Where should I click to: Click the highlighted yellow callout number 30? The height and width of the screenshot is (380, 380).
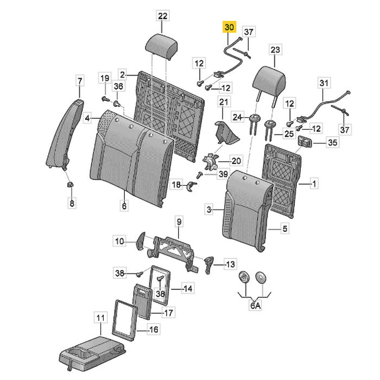pos(229,27)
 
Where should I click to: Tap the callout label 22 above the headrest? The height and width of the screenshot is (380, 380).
pos(162,16)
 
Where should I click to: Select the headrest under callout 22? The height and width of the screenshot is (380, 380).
pos(161,46)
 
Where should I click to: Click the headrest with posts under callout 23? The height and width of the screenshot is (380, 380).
pos(268,85)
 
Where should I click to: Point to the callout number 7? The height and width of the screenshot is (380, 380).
pos(80,81)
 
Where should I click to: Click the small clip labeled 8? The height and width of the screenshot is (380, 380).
pos(70,185)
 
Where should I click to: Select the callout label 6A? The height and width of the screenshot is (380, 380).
pos(255,306)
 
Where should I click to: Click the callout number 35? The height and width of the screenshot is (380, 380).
pos(332,142)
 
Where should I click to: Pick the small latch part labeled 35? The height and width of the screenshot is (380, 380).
pos(305,141)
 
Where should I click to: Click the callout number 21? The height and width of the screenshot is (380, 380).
pos(224,102)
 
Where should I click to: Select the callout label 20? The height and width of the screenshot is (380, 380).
pos(236,161)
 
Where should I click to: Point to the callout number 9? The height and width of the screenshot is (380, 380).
pos(179,221)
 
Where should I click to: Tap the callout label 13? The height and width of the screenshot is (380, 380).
pos(230,264)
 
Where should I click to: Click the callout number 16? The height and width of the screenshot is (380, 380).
pos(154,330)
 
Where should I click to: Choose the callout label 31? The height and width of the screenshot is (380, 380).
pos(324,83)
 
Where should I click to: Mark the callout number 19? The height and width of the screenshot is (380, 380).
pos(105,78)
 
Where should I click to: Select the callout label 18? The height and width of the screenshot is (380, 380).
pos(176,185)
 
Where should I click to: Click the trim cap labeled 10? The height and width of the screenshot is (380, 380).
pos(141,240)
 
